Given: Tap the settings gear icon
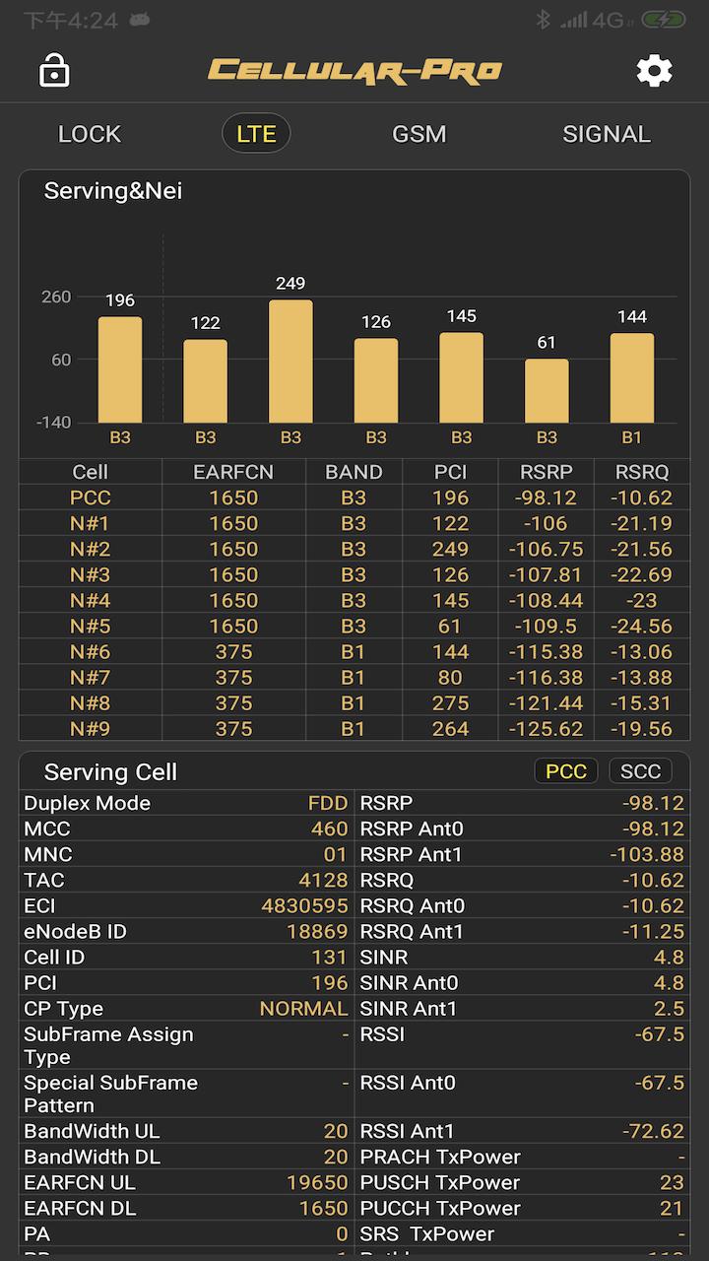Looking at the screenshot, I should point(654,71).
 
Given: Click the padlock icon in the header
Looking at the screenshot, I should point(54,71).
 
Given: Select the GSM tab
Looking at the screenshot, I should point(419,134).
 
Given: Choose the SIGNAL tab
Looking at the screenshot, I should point(606,134).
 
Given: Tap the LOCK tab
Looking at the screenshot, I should point(90,134).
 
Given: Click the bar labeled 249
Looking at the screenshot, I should point(290,362).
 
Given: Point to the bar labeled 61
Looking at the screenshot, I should point(547,391).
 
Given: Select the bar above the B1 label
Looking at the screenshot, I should point(632,378).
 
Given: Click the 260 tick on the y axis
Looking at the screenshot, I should point(55,297).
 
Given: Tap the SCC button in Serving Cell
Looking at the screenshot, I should point(640,771).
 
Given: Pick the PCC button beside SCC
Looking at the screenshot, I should point(566,771).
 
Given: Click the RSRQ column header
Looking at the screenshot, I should point(642,472).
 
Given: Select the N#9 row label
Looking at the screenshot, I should point(90,729).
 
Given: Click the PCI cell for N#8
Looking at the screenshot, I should point(450,703).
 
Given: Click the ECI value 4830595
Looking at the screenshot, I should point(304,905).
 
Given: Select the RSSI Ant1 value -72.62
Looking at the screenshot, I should point(653,1131).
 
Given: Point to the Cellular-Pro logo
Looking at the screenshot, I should point(354,71).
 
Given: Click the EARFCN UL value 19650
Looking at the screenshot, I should point(317,1182).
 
